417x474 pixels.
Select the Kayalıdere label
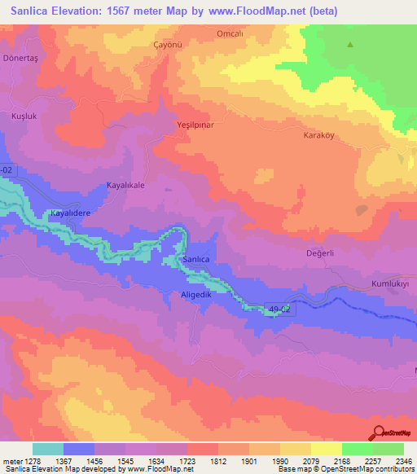(x=74, y=213)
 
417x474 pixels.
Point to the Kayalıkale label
(x=125, y=186)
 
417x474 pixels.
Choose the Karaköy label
(x=319, y=135)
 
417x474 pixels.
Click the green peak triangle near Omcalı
(x=351, y=45)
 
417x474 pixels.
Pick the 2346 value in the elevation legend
(x=400, y=462)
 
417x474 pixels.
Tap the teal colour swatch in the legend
(x=48, y=449)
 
